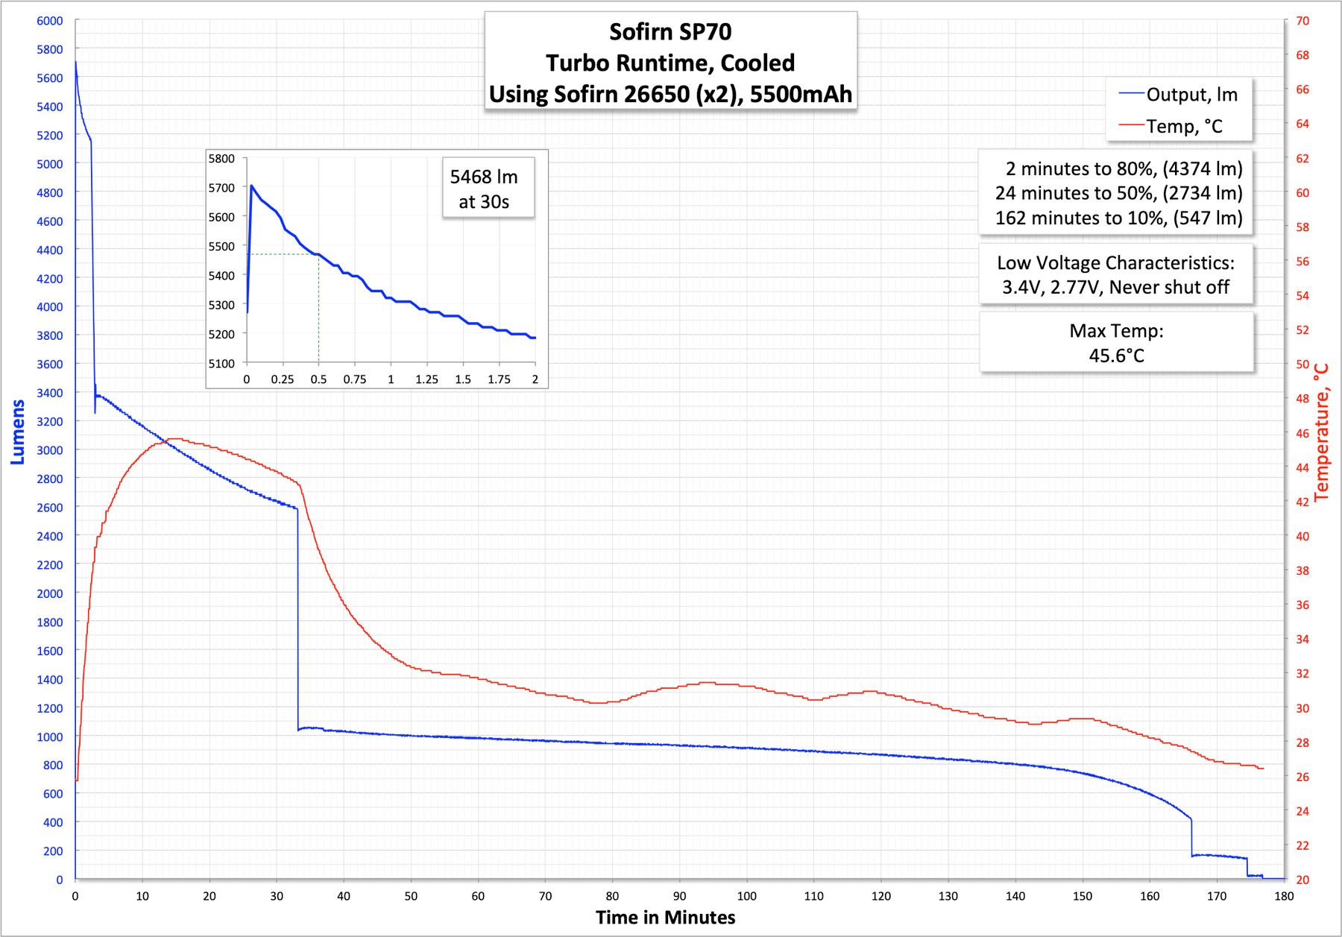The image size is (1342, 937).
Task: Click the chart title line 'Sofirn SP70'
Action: tap(670, 32)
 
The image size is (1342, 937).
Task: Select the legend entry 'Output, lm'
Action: tap(1191, 95)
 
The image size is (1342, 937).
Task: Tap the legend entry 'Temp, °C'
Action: tap(1184, 127)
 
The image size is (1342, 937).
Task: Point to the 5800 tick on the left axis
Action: tap(50, 49)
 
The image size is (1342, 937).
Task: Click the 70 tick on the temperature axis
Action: tap(1302, 21)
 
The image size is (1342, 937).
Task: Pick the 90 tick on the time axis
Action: tap(679, 896)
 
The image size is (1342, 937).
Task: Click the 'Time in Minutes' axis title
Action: tap(665, 918)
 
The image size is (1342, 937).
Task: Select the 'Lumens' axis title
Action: tap(18, 432)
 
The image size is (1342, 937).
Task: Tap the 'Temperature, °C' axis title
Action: tap(1321, 432)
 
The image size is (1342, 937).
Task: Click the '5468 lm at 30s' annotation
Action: tap(484, 189)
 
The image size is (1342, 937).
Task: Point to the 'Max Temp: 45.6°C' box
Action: tap(1116, 343)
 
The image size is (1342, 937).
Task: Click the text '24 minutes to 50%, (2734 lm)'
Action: tap(1118, 193)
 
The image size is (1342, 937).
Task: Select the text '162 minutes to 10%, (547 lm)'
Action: tap(1118, 218)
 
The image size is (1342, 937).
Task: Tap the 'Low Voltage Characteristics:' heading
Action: tap(1115, 262)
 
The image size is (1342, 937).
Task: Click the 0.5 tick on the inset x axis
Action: tap(318, 379)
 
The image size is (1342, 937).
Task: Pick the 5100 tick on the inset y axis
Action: tap(221, 364)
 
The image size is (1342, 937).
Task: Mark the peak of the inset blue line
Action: tap(251, 186)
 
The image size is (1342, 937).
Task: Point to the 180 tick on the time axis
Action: tap(1284, 896)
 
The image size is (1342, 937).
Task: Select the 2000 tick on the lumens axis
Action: tap(50, 593)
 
